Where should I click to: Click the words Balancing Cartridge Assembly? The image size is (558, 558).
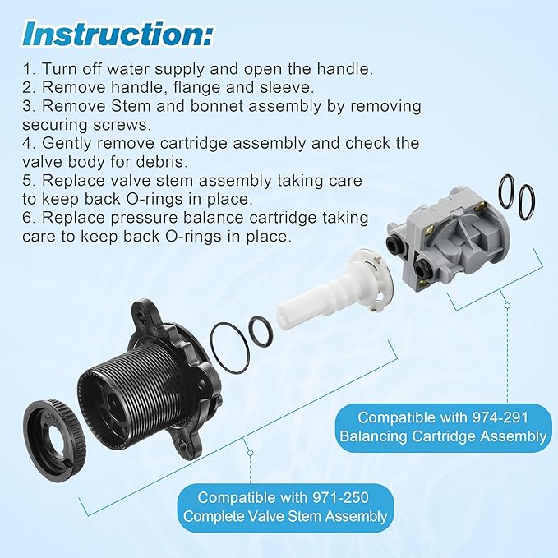(x=443, y=436)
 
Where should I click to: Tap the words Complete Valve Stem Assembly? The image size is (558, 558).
(x=285, y=516)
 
